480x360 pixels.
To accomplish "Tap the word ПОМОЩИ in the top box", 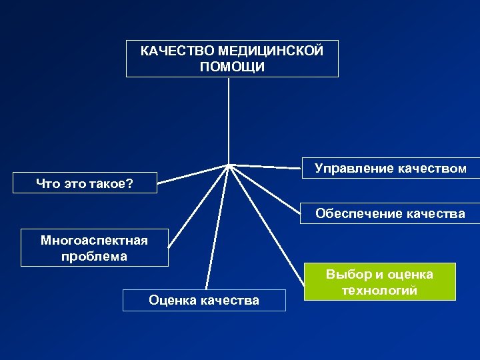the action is [232, 67].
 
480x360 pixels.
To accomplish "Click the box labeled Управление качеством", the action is [391, 169].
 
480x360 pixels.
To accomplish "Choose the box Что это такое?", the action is [85, 183].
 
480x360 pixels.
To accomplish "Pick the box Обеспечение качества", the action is [391, 213].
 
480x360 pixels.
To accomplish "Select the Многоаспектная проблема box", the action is [94, 247].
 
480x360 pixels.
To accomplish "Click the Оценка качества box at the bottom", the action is [204, 300].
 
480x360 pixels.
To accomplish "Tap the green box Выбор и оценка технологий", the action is [379, 282].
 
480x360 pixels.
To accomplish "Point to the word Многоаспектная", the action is [94, 239].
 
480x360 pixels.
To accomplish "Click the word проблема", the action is [94, 256].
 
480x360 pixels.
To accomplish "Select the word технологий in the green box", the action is [379, 291].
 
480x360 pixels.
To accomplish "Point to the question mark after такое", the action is [130, 183].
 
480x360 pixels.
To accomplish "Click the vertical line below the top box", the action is [229, 120].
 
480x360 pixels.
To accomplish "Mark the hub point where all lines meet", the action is [229, 164].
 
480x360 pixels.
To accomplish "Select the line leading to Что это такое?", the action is [193, 173].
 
